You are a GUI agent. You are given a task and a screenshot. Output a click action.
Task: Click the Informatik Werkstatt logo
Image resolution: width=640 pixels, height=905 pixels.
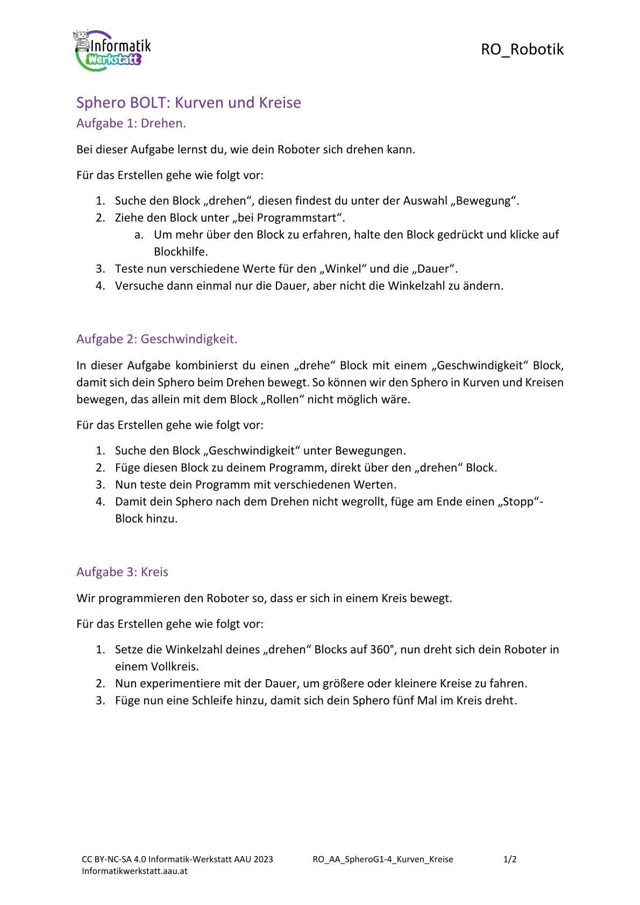tap(111, 49)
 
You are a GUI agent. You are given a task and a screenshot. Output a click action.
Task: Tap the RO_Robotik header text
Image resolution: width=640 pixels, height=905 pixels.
tap(522, 49)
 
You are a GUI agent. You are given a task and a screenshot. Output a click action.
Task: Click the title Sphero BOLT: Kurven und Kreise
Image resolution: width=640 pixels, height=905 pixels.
tap(188, 102)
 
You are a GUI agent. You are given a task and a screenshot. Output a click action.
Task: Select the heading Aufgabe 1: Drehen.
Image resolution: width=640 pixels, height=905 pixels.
tap(131, 123)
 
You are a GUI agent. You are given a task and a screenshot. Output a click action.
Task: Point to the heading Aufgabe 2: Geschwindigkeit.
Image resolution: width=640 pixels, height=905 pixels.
tap(157, 339)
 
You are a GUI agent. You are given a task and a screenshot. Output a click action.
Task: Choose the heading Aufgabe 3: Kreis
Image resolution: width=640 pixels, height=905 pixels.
tap(122, 572)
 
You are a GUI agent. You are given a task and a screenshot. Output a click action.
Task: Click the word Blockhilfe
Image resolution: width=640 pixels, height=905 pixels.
tap(181, 252)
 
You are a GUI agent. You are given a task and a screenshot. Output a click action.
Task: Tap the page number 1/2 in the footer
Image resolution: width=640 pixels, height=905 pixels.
tap(509, 859)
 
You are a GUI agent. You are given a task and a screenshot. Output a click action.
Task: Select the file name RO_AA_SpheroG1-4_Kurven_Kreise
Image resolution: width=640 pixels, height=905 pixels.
tap(382, 859)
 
